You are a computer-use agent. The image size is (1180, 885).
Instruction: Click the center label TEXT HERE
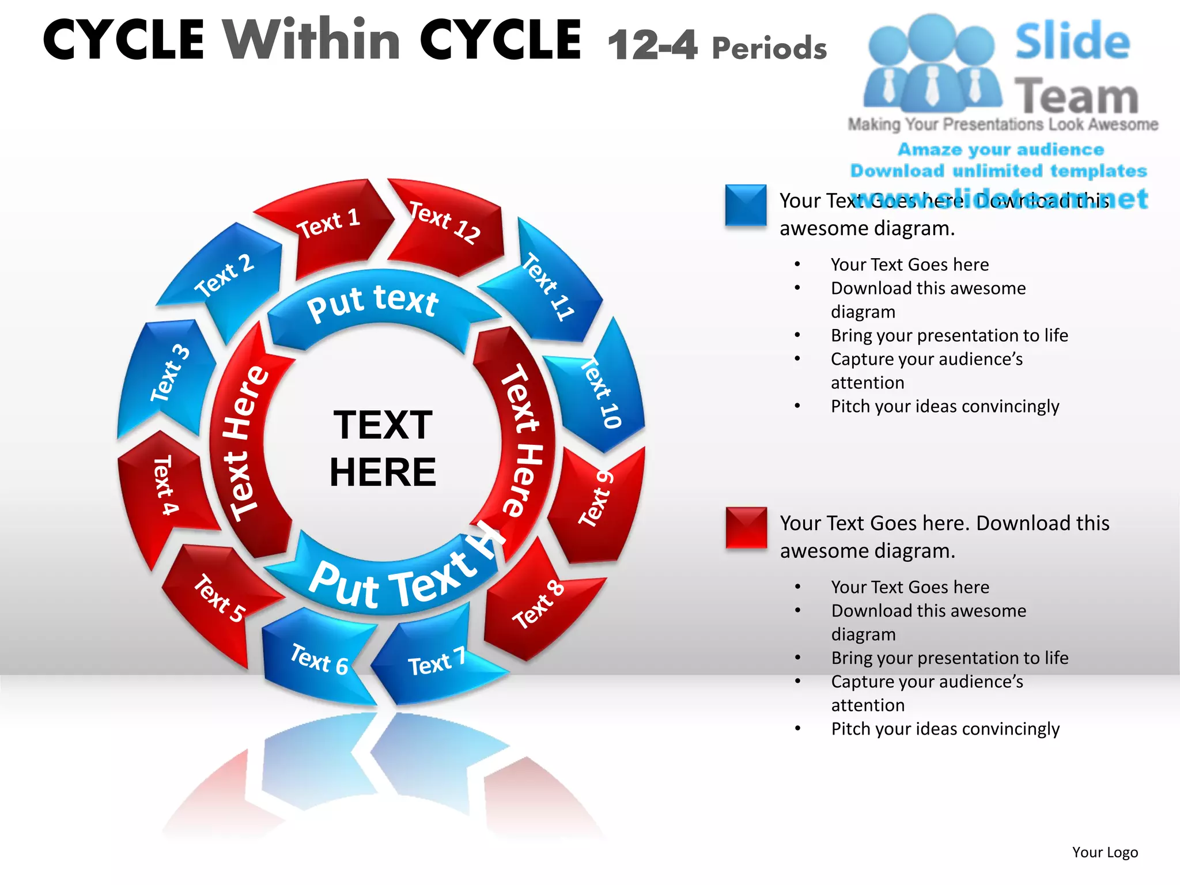click(383, 448)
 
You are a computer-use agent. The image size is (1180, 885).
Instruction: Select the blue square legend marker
click(746, 205)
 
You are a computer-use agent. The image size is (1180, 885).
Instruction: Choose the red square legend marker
click(746, 527)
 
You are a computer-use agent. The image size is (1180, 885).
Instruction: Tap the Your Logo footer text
click(1105, 852)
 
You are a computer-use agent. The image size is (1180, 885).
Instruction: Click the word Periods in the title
click(769, 48)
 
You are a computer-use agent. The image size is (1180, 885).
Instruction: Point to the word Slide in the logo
click(1072, 41)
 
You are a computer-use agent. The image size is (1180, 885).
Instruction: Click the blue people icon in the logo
click(932, 63)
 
